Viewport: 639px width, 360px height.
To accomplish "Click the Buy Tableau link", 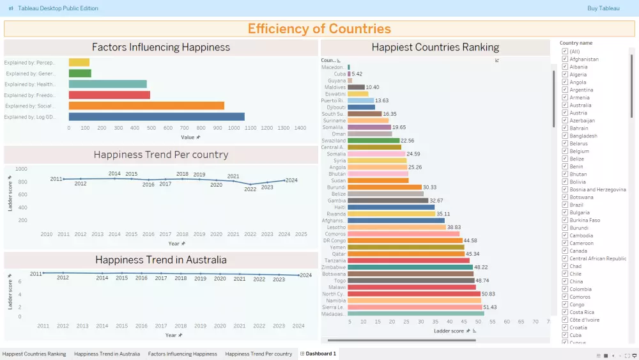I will (x=603, y=8).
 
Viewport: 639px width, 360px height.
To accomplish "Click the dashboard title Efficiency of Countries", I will (x=319, y=29).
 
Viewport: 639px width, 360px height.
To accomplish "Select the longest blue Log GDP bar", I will (x=157, y=117).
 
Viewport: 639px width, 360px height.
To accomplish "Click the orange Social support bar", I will (x=146, y=106).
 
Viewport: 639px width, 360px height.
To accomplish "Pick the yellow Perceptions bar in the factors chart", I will (x=79, y=63).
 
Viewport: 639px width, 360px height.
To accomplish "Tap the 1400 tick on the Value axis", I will (x=300, y=128).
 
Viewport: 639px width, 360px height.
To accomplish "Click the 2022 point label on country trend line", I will (x=250, y=189).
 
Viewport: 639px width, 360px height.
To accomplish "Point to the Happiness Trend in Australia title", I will (x=160, y=260).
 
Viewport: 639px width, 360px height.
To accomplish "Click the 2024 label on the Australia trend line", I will (x=305, y=275).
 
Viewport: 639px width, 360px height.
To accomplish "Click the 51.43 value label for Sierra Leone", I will (x=490, y=308).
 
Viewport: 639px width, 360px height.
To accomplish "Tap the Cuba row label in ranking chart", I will (x=340, y=74).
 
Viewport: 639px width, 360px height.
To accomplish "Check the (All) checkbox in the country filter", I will (x=565, y=51).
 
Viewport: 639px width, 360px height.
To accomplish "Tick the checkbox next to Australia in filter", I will (x=565, y=105).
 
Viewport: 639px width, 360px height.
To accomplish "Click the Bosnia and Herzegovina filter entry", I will (x=597, y=189).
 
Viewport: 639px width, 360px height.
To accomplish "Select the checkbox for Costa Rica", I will (x=565, y=312).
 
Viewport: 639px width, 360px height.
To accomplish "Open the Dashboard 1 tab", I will (x=320, y=354).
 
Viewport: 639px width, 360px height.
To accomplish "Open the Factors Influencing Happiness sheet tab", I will (x=183, y=354).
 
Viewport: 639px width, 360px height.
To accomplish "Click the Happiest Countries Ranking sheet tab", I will (x=35, y=354).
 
